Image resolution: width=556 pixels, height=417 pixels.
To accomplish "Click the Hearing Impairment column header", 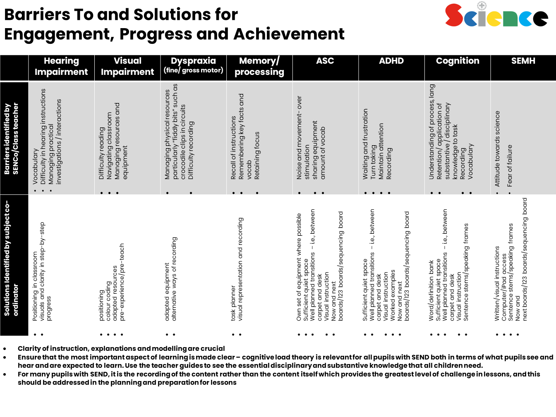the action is tap(61, 66).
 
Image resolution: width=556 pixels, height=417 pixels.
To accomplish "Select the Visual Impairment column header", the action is tap(127, 66).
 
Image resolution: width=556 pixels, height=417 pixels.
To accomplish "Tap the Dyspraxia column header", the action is tap(193, 65).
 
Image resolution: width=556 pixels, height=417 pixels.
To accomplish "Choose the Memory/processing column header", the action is tap(259, 66).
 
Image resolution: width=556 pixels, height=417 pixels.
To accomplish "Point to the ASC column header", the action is tap(325, 61).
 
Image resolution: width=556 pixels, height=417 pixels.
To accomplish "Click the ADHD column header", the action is tap(391, 61).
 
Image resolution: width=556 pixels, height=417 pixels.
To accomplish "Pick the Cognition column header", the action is tap(458, 61).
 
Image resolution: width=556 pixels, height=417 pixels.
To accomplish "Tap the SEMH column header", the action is tap(523, 61).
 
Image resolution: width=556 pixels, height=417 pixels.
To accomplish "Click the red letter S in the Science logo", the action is tap(454, 15).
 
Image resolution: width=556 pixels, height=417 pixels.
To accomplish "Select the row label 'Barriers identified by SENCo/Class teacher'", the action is tap(12, 139).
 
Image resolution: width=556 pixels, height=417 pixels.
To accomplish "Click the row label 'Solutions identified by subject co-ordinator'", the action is tap(12, 258).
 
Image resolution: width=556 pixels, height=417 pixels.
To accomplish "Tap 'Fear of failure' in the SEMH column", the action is tap(510, 166).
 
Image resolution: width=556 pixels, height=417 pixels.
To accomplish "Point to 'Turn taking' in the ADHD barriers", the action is tap(373, 162).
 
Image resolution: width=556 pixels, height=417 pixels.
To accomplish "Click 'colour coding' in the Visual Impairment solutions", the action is tap(108, 301).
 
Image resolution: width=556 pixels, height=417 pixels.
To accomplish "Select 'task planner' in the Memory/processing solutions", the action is tap(233, 303).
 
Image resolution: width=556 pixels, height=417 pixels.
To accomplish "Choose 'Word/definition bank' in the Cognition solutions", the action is tap(431, 291).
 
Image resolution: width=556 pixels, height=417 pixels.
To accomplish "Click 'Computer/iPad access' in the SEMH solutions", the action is tap(504, 287).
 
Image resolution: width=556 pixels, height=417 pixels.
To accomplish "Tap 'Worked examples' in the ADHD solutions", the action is tap(393, 295).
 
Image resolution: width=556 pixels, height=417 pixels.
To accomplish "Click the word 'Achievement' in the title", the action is tap(289, 34).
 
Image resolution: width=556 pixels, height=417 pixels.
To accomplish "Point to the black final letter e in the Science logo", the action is tap(541, 19).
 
